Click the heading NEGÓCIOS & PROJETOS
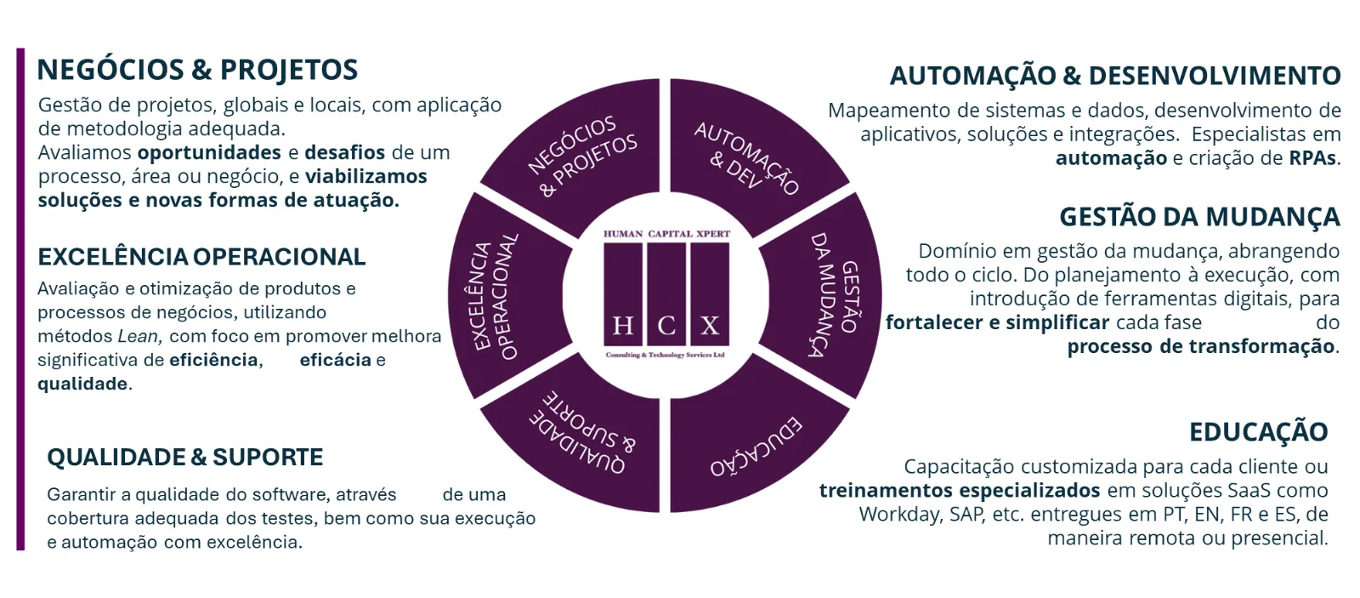(197, 70)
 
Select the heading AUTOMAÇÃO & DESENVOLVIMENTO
(1115, 76)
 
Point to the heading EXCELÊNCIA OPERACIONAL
(201, 257)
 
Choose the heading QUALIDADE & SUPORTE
(185, 457)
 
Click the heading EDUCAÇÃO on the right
(1259, 432)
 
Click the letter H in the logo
(622, 327)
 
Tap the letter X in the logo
(710, 327)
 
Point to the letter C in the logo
(666, 327)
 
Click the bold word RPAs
(1313, 158)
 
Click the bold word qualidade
(83, 384)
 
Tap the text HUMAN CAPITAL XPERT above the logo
(666, 234)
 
